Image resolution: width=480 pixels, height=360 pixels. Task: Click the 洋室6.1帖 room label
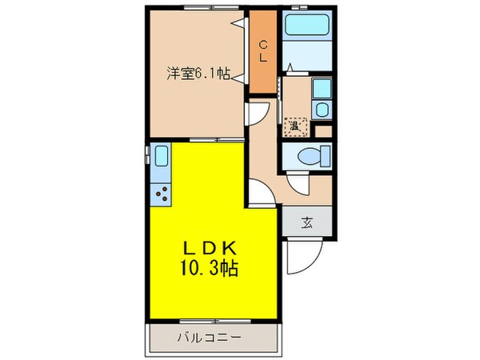pyautogui.click(x=198, y=73)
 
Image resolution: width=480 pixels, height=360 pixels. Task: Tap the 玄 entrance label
pyautogui.click(x=306, y=222)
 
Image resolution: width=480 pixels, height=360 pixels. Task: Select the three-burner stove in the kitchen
pyautogui.click(x=162, y=193)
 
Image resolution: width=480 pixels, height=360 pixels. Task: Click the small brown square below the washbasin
pyautogui.click(x=323, y=130)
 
